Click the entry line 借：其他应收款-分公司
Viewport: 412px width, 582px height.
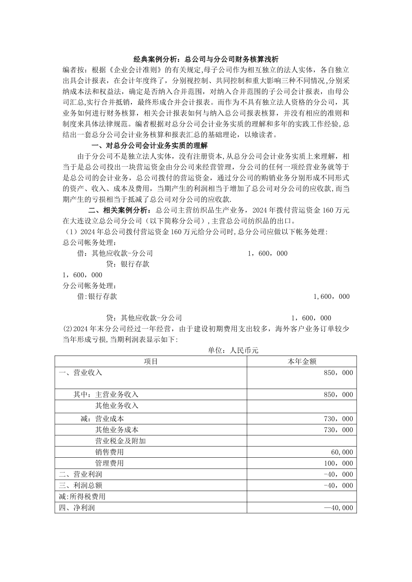pyautogui.click(x=115, y=253)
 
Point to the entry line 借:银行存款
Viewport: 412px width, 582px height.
pyautogui.click(x=97, y=297)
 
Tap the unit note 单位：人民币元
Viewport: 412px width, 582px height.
pyautogui.click(x=233, y=350)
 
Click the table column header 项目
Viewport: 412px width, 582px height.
pyautogui.click(x=151, y=361)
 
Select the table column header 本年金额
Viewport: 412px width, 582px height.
pyautogui.click(x=302, y=361)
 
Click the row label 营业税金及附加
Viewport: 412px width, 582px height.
pyautogui.click(x=120, y=441)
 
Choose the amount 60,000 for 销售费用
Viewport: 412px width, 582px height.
pyautogui.click(x=342, y=452)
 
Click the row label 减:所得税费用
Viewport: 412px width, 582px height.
pyautogui.click(x=82, y=497)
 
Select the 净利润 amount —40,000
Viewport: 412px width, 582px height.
pyautogui.click(x=338, y=508)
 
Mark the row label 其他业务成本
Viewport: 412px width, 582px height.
pyautogui.click(x=117, y=430)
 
